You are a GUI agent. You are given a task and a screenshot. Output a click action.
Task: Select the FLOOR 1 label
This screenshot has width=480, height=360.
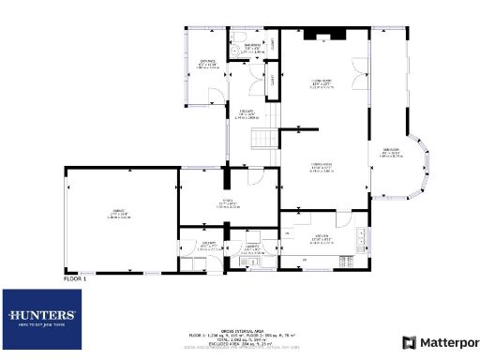point(74,278)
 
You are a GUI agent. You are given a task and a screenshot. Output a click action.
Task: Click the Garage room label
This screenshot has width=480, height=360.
point(119,215)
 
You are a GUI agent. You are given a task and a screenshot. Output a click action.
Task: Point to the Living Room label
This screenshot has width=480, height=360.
point(323,83)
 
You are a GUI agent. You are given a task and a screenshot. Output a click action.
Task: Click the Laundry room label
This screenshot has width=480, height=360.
point(252,249)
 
